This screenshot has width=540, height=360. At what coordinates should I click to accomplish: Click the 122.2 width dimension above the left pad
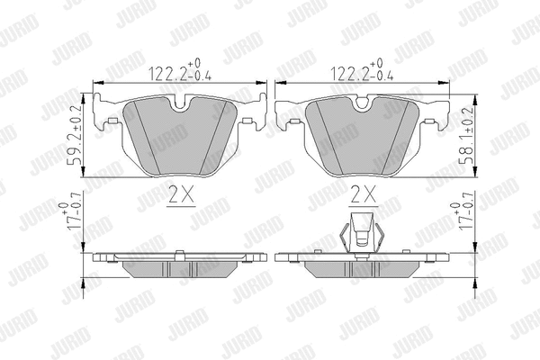(180, 70)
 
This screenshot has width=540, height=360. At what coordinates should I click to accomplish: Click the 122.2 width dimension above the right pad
(362, 70)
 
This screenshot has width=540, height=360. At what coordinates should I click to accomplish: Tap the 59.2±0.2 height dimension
(75, 135)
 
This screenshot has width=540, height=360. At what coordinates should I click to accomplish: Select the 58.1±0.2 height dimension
(465, 135)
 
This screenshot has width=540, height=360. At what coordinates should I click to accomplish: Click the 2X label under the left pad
(181, 195)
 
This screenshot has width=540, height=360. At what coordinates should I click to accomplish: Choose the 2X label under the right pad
(364, 195)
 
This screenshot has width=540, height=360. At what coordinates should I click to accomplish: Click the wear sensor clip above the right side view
(361, 234)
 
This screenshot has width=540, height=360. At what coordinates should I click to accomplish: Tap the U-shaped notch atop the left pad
(180, 104)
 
